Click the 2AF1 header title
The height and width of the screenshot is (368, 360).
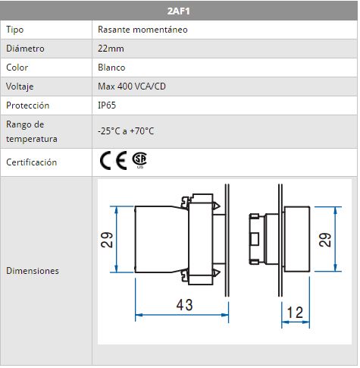point(178,11)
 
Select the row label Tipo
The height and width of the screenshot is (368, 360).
point(15,30)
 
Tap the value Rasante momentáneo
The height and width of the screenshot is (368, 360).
point(142,30)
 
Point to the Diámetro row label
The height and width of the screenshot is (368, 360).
point(25,49)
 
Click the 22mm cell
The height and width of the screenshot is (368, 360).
point(111,49)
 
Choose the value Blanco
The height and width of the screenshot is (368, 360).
point(111,68)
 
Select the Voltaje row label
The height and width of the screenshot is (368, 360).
point(20,86)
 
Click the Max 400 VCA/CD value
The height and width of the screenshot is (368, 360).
point(132,86)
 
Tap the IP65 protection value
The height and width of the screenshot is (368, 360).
point(107,105)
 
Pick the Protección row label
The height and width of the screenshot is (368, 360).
point(28,105)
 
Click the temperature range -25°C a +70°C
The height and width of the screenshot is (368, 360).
point(126,131)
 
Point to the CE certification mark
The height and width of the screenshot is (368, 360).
point(113,160)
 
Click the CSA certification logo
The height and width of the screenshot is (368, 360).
point(139,160)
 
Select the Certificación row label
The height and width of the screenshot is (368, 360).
point(32,162)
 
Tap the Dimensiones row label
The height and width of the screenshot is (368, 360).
point(33,271)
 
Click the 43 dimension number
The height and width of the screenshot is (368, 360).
point(185,305)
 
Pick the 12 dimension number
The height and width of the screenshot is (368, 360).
point(295,313)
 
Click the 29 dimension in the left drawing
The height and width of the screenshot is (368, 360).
point(107,240)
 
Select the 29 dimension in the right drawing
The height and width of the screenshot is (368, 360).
point(325,240)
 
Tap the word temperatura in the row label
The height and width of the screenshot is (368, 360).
point(32,139)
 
